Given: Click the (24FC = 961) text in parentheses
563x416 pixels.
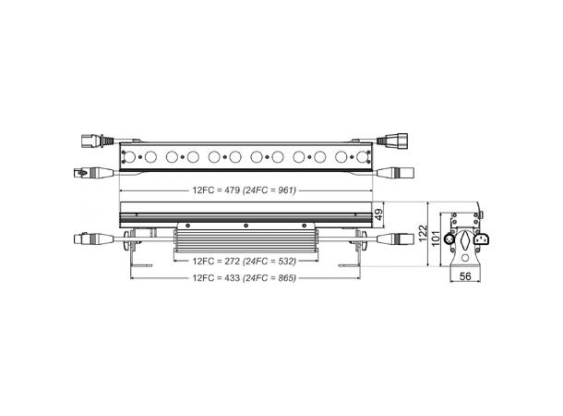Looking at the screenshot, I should [271, 190].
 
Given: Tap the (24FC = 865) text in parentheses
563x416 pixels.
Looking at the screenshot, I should [270, 278].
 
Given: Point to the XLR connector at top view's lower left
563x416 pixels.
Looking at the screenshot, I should [86, 172].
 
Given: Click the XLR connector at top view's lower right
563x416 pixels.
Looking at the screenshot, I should [403, 172].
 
